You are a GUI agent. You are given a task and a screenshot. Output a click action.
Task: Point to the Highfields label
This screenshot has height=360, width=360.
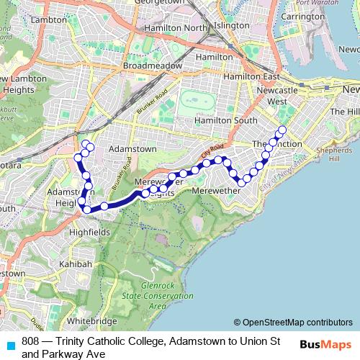(89, 233)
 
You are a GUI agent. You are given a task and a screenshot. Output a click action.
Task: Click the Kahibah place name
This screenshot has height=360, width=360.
(76, 264)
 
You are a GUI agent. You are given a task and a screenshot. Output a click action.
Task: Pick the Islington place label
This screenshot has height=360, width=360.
(232, 25)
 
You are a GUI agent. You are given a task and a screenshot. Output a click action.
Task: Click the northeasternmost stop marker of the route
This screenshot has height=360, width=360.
(282, 130)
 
